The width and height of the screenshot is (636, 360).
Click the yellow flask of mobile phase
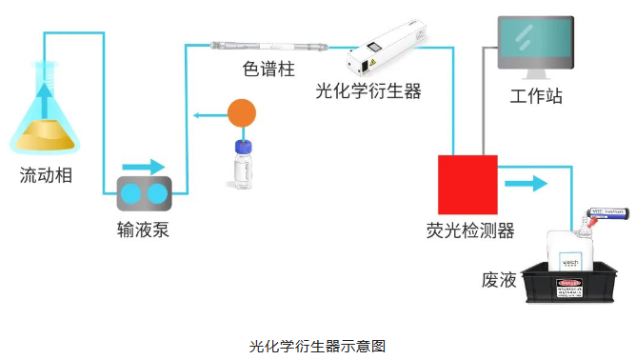coord(44,129)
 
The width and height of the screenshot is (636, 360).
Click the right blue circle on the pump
coord(156,195)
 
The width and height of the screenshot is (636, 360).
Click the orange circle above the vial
coord(243,115)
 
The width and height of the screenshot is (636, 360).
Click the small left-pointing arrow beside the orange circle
coord(203,115)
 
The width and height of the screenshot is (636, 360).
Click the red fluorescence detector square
coord(467,184)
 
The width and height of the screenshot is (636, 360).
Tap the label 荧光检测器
coord(470,230)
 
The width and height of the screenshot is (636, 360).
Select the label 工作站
coord(536,97)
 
